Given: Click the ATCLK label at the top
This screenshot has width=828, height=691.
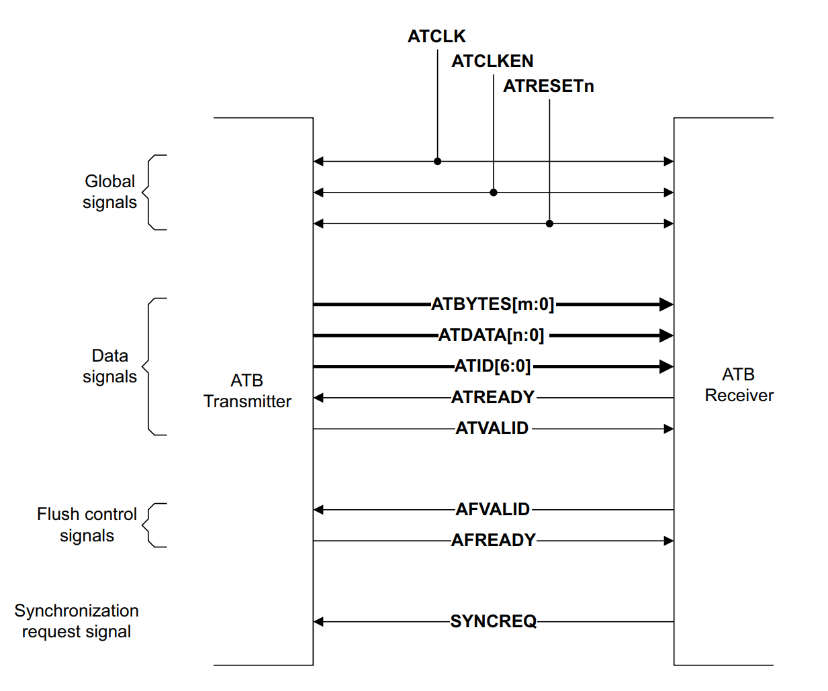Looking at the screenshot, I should pos(436,36).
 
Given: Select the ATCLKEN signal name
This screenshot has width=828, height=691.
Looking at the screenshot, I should pos(492,61).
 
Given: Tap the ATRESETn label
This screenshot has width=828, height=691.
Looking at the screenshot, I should pos(549,86).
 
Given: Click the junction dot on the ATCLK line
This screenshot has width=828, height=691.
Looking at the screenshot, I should pos(438,162).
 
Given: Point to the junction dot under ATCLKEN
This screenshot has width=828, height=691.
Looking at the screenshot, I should pos(494,193).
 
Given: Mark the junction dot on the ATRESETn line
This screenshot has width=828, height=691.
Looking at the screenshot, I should pos(549,223).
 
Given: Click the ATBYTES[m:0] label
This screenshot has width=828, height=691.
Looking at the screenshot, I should pos(493,305).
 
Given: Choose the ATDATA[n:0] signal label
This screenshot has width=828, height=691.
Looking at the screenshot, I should pos(492,335).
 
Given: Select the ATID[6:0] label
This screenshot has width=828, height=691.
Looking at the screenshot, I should pos(493,366).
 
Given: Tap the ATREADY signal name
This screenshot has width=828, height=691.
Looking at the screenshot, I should pos(493,397).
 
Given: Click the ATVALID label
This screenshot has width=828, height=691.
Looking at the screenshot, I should pos(492,428).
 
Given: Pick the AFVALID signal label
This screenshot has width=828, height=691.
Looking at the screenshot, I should pos(493,510).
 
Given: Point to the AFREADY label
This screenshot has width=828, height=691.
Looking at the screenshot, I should pos(494,540).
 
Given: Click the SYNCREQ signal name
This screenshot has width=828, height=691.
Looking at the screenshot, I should pos(494,621).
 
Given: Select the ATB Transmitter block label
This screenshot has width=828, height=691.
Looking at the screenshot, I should pos(247,391).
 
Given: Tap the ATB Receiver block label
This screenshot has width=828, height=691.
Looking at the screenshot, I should pos(739,385).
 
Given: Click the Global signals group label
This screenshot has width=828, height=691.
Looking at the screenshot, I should pos(109,192).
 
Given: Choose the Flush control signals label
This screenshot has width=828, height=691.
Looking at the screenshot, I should pos(87,525).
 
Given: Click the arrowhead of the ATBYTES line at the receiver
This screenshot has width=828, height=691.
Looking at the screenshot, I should pos(667,305).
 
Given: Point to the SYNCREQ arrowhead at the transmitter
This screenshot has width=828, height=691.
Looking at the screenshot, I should pos(319,622).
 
